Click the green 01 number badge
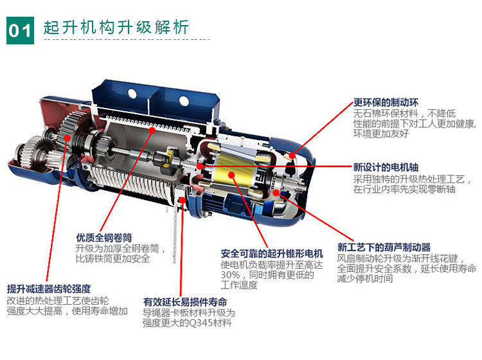[21, 30]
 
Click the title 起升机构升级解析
[116, 27]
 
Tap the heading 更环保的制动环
[386, 102]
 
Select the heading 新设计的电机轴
[386, 167]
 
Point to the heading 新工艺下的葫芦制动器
[384, 247]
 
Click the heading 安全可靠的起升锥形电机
[272, 254]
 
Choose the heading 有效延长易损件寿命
[185, 302]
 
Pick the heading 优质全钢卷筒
[104, 238]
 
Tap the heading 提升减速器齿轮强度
[49, 289]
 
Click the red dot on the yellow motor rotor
[231, 175]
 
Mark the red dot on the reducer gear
[67, 138]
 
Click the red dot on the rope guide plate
[183, 201]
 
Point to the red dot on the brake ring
[292, 155]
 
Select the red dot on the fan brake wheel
[276, 193]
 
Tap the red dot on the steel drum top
[152, 130]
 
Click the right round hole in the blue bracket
[184, 100]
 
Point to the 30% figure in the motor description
[230, 274]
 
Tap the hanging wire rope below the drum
[174, 233]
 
